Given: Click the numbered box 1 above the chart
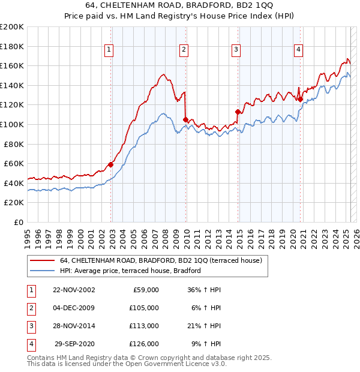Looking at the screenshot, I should click(109, 50).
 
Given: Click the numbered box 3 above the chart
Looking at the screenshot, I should click(236, 50).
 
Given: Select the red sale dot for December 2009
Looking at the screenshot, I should click(185, 119).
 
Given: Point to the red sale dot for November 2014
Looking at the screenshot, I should click(238, 112).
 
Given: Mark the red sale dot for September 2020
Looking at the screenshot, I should click(300, 99).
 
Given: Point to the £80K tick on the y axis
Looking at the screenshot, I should click(14, 144).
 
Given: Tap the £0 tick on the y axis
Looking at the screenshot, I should click(19, 222).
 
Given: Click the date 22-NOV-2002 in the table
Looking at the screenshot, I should click(74, 290).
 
